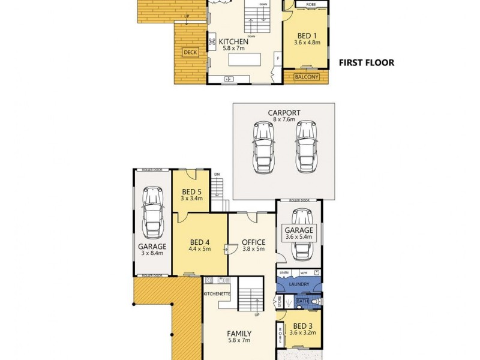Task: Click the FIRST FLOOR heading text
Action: (x=367, y=62)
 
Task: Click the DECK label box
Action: (x=190, y=53)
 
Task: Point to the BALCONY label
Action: (x=306, y=76)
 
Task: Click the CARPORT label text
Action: (x=284, y=112)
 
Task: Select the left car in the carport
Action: (x=264, y=147)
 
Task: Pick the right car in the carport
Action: (x=305, y=147)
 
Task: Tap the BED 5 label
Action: (x=191, y=191)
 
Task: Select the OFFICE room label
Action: (x=253, y=242)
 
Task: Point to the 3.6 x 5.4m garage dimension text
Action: (x=299, y=238)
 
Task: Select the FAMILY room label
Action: (x=239, y=334)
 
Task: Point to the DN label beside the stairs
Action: (x=217, y=175)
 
